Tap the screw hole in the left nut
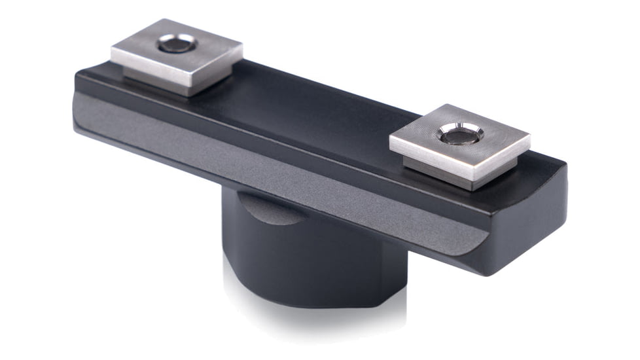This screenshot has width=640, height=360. coord(177,45)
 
